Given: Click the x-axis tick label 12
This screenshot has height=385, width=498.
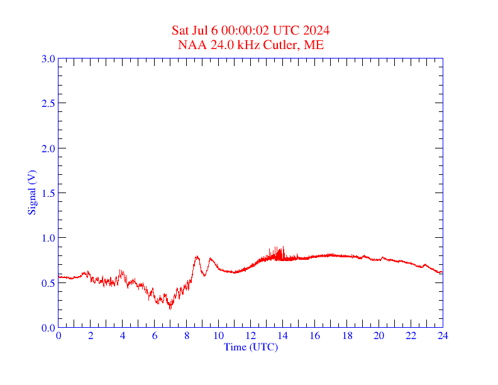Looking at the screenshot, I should pos(251,336).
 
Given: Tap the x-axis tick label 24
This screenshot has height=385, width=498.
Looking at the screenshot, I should pos(443,336).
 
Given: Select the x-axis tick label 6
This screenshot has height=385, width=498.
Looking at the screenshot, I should pos(155,336).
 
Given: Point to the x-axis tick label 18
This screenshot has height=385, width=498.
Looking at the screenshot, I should pos(346,336).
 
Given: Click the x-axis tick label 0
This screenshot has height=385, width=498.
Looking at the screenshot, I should pos(58,336).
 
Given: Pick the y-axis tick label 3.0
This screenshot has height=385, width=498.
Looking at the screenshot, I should pos(48,59).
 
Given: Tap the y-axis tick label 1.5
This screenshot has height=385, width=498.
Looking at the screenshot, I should pos(48,193).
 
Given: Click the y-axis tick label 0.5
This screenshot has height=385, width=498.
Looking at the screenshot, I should pos(48,283).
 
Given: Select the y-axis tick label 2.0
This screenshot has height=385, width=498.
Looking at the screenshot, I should pos(48,148).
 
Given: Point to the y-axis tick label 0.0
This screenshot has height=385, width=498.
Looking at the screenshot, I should pos(48,328).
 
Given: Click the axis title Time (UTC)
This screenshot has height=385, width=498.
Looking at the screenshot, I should pos(251,347).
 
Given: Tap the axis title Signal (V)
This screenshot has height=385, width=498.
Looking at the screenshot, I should pos(31,193).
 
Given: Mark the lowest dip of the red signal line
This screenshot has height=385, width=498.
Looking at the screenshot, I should pos(170,309).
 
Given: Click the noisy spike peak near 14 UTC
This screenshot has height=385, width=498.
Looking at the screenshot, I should pos(283,247).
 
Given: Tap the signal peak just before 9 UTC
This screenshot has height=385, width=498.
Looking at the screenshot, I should pos(197,256).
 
